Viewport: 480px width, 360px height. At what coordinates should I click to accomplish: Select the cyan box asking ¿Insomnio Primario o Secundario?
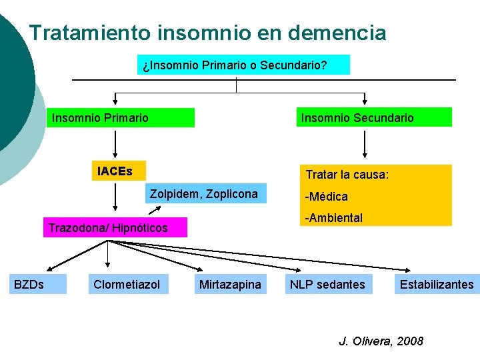point(243,65)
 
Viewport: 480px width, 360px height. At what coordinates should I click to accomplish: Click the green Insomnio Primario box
point(121,118)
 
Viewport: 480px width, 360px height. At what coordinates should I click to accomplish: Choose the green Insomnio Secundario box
point(374,118)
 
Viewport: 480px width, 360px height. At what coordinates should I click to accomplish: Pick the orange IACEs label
point(115,171)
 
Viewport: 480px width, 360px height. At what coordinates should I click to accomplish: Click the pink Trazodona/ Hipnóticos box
point(114,228)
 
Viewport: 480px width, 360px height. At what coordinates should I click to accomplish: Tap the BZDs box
point(37,285)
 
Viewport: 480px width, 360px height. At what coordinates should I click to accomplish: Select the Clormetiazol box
point(127,285)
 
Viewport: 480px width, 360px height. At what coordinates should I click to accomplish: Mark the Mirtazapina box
point(230,285)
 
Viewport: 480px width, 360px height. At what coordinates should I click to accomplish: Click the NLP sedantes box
point(327,285)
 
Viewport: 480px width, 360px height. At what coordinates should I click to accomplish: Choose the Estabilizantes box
point(436,285)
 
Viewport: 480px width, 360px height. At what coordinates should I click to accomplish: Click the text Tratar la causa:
point(347,175)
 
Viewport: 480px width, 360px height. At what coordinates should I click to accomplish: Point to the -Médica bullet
point(326,197)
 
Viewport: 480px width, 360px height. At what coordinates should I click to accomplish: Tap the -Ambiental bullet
point(333,218)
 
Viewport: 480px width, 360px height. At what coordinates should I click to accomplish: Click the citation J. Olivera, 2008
point(381,341)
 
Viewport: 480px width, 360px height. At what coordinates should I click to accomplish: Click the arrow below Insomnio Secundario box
point(365,143)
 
